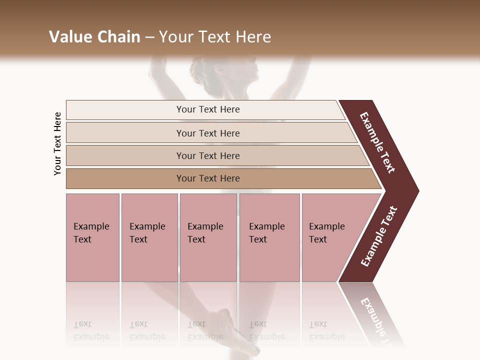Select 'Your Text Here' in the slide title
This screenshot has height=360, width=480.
click(215, 37)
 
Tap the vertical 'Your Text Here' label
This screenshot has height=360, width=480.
click(57, 144)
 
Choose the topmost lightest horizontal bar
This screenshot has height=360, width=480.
click(207, 109)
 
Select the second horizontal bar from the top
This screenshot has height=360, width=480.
click(207, 133)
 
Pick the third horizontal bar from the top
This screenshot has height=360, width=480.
click(207, 155)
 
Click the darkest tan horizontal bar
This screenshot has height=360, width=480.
click(207, 178)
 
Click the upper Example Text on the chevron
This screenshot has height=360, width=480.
click(377, 142)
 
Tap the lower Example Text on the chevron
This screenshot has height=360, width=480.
click(379, 236)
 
